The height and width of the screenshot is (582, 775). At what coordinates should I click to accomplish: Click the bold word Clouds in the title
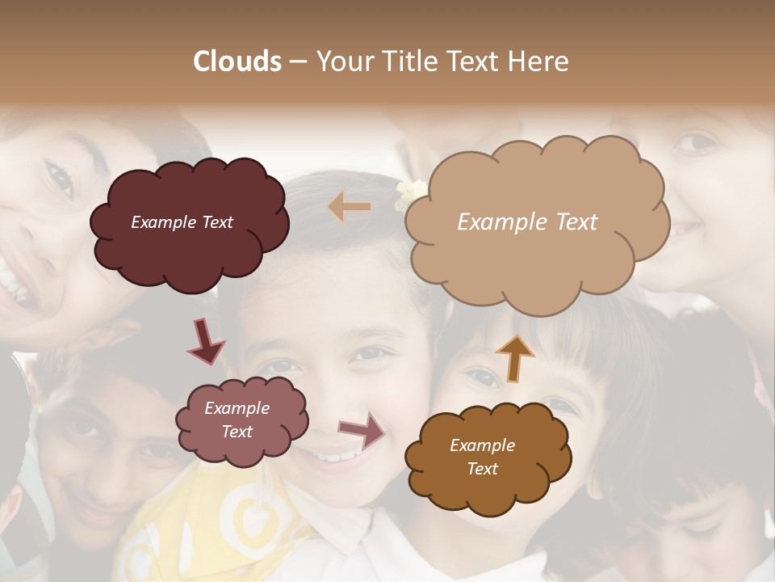(x=237, y=61)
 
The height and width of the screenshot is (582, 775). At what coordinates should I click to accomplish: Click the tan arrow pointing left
(x=350, y=207)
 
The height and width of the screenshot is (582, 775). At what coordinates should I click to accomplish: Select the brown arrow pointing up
(x=514, y=358)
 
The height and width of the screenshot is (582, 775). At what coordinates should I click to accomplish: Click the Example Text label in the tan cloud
(x=527, y=222)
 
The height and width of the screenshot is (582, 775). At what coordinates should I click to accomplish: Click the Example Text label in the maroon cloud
(x=182, y=222)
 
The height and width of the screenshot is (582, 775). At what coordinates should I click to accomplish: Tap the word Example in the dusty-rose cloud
(x=237, y=408)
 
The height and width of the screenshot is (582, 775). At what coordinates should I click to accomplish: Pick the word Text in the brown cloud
(x=482, y=469)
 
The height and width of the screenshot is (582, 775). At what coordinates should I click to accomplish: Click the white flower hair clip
(x=410, y=194)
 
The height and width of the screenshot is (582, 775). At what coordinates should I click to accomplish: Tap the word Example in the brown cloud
(x=482, y=445)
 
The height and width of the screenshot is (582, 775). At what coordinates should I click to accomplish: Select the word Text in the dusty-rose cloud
(x=237, y=432)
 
